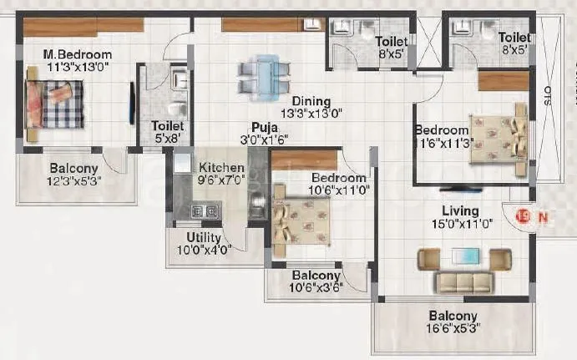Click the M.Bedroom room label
pos(78,55)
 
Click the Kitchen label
pos(221,168)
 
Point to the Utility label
pos(204,238)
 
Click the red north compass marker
pos(524,216)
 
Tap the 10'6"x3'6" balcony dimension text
pos(316,289)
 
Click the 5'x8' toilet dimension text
pos(168,139)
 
